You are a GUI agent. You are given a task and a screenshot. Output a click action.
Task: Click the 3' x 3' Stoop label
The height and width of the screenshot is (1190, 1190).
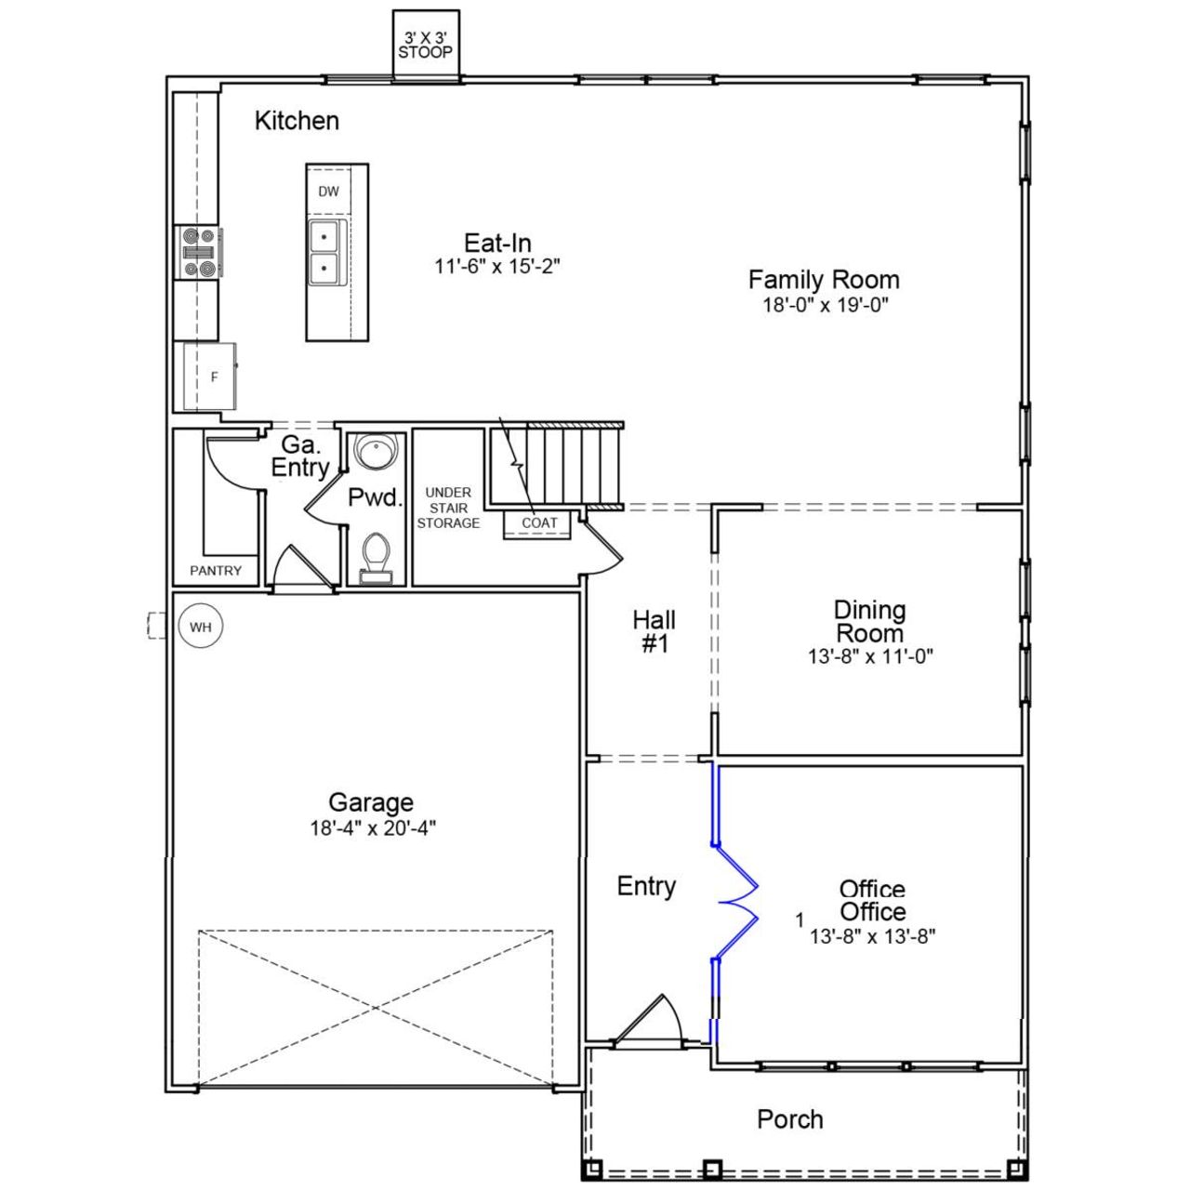[x=426, y=46]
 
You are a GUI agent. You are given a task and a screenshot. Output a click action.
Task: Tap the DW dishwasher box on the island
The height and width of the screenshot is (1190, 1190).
[x=328, y=192]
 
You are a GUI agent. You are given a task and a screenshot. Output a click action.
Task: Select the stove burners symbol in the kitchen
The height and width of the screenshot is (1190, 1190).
[x=200, y=253]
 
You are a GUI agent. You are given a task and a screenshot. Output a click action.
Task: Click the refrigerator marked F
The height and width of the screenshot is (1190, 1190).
[x=211, y=377]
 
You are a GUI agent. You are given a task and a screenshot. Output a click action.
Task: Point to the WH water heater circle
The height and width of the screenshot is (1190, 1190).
[x=201, y=627]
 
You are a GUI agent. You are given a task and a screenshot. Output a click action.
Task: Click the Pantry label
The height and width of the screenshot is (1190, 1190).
[x=216, y=571]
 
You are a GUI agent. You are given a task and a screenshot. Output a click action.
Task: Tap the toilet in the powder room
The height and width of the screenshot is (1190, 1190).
[x=377, y=556]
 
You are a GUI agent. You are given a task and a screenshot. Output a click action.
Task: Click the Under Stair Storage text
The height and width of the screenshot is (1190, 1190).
[x=448, y=508]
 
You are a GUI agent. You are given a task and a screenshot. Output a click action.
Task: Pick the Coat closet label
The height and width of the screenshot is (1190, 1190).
[x=539, y=523]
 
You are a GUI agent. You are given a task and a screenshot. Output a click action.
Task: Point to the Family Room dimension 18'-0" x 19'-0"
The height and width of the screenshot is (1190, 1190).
[x=825, y=305]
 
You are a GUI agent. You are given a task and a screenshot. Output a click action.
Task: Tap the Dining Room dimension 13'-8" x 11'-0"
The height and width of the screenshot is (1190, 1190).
[x=870, y=656]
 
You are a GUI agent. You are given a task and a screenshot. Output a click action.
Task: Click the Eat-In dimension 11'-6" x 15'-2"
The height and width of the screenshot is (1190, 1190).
[x=497, y=267]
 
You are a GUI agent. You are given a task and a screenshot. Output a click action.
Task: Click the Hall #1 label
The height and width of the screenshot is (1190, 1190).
[x=654, y=631]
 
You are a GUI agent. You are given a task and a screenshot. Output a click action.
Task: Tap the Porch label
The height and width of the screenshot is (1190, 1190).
[x=789, y=1119]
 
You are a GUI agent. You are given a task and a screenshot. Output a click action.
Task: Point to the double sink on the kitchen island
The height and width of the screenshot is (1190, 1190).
[x=324, y=251]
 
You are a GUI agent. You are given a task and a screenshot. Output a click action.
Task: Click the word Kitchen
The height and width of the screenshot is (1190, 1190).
[x=297, y=121]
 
